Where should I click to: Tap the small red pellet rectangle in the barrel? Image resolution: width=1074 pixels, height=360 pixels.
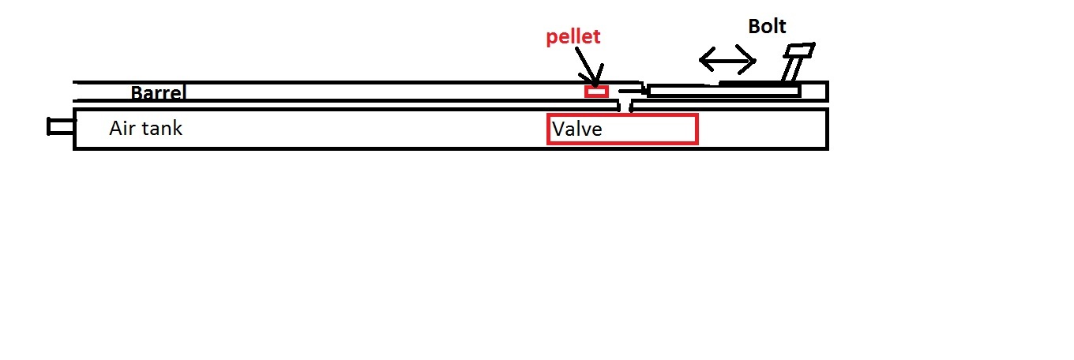point(596,92)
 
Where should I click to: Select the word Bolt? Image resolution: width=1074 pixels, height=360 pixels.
point(767,26)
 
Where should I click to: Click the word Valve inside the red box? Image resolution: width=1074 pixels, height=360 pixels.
point(577,129)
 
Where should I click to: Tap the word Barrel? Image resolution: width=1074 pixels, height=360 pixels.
point(157,93)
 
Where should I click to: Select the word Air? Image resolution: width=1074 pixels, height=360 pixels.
point(122,128)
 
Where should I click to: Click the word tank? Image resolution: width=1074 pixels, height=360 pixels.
point(162,128)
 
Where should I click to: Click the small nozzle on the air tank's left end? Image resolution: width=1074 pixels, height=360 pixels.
point(60,126)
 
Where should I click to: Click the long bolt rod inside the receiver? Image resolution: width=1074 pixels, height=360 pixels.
point(723,92)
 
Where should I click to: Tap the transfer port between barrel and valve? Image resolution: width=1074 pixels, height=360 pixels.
point(625,104)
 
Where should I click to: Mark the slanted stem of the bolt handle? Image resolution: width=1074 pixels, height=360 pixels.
point(787,70)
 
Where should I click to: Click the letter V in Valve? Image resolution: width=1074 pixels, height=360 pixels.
point(558,129)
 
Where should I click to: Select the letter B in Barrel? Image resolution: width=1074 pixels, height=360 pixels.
point(137,93)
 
